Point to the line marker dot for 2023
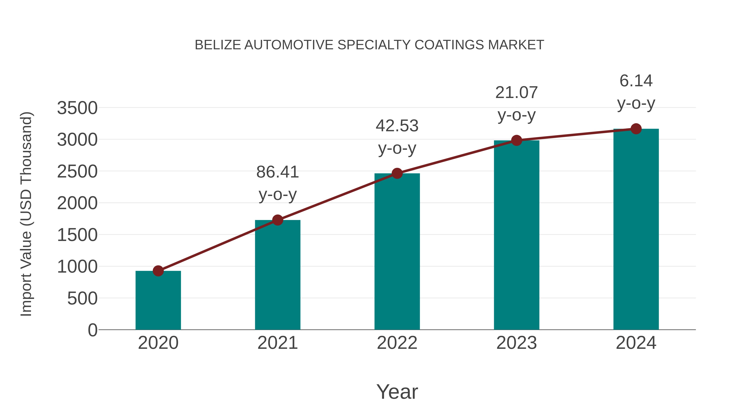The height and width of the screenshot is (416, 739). coord(516,140)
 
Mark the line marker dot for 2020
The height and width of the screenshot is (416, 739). coord(158,271)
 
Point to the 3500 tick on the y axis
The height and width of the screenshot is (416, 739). coord(77,108)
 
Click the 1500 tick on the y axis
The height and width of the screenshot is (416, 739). coord(77,235)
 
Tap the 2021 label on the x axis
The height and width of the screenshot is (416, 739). coord(277,343)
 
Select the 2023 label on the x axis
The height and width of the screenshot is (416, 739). coord(516,343)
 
